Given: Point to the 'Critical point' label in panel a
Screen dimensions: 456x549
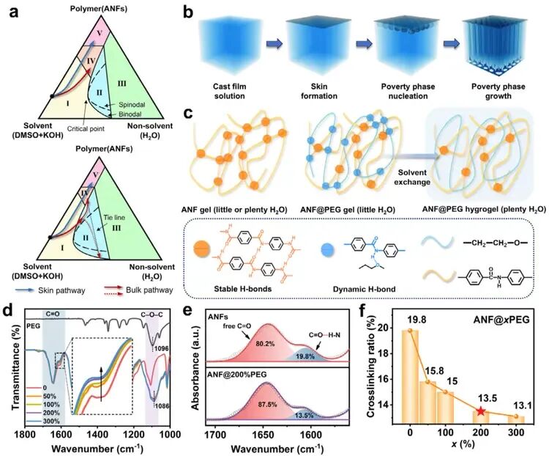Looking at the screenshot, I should pos(85,128).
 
